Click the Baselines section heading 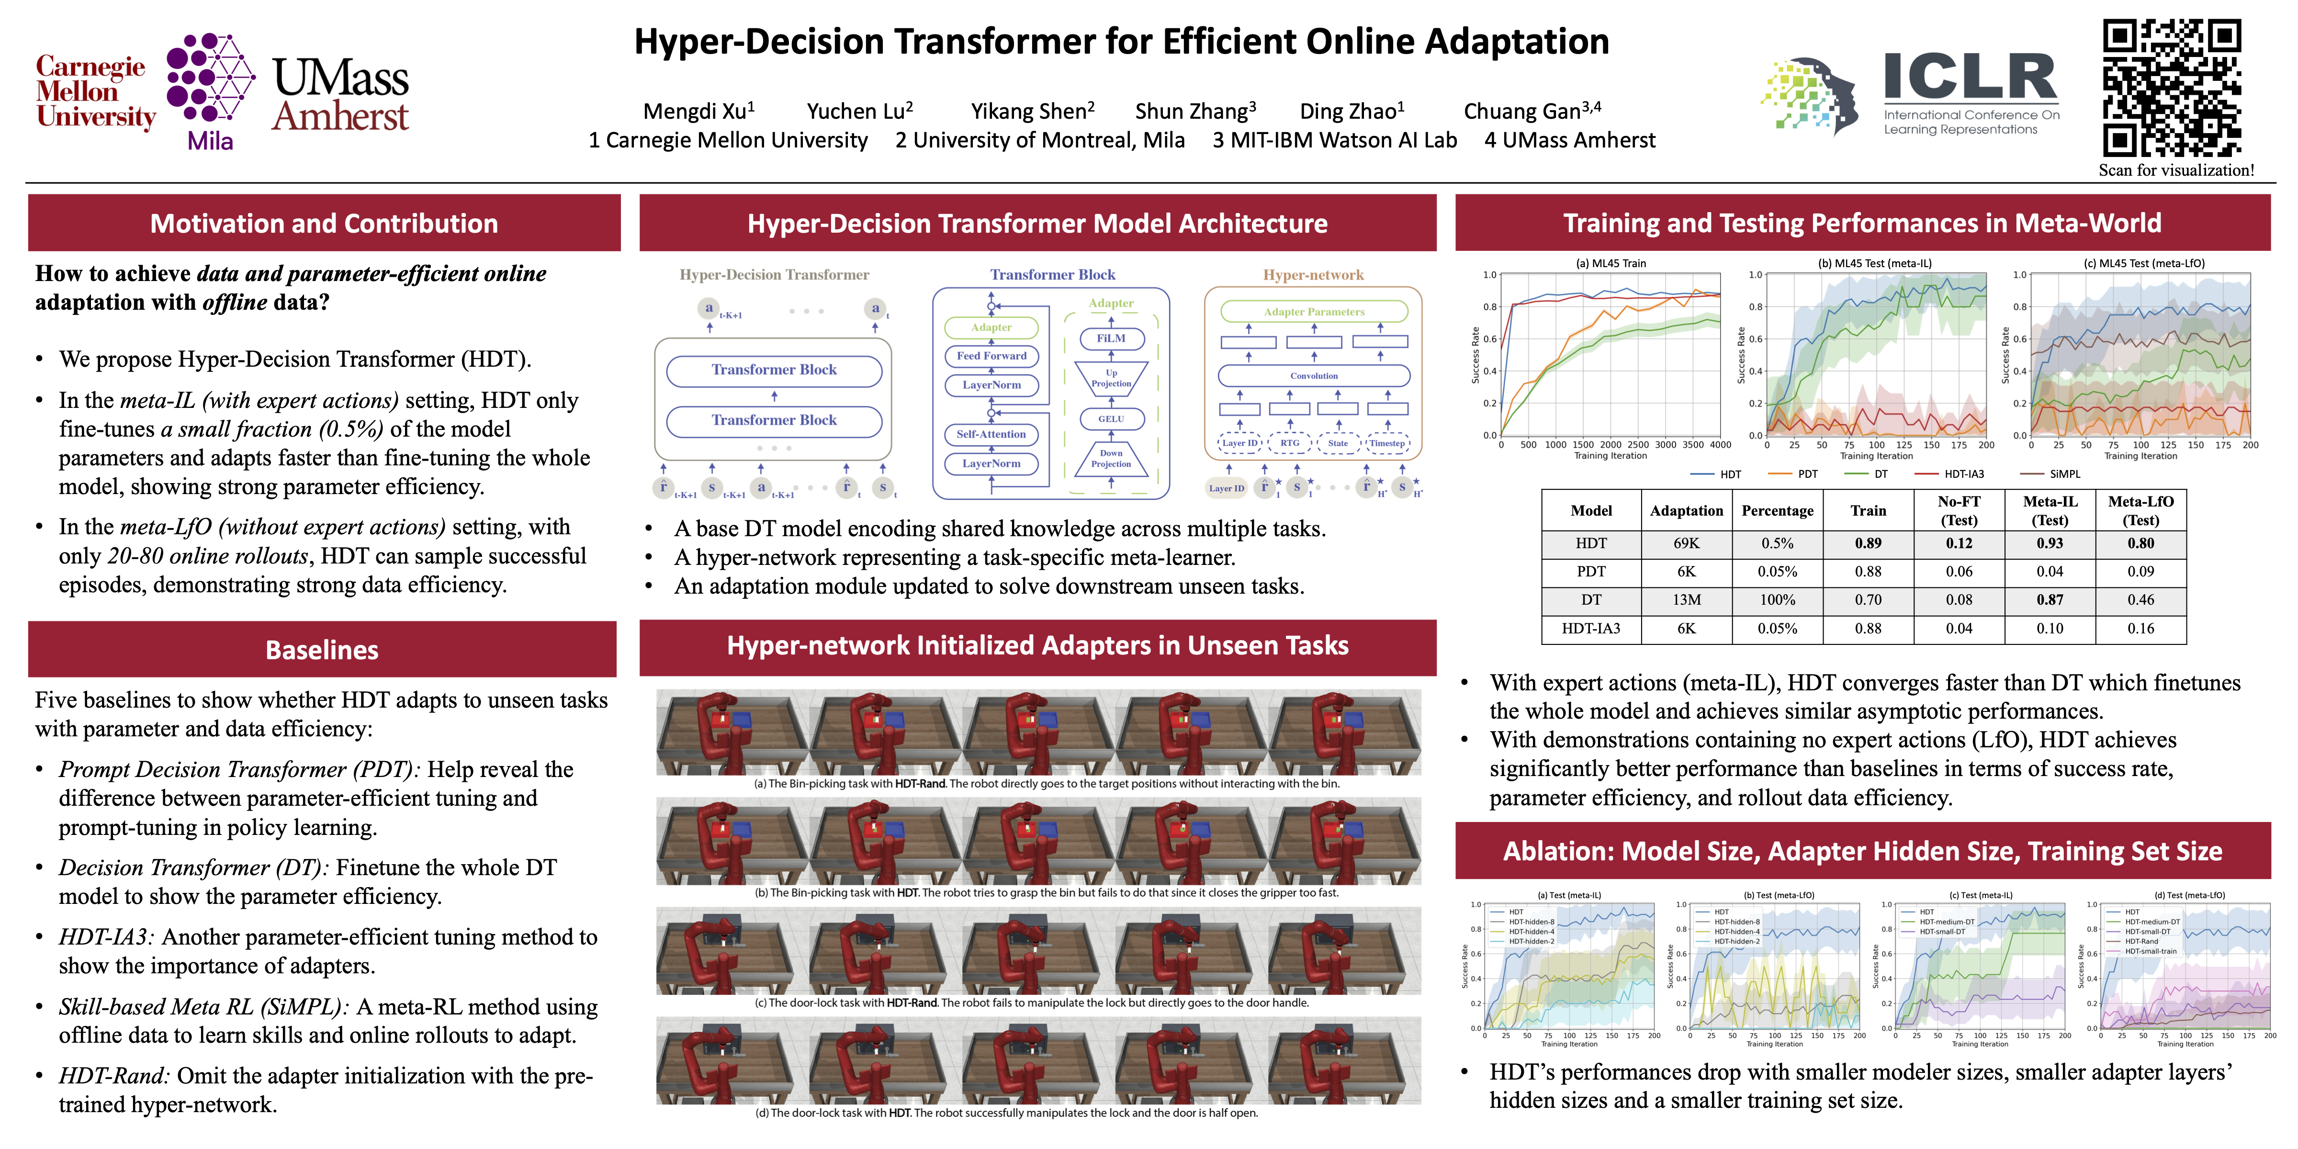tap(322, 650)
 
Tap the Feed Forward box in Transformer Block tap(991, 356)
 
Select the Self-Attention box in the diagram tap(991, 434)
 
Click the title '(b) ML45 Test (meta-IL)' tap(1875, 263)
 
